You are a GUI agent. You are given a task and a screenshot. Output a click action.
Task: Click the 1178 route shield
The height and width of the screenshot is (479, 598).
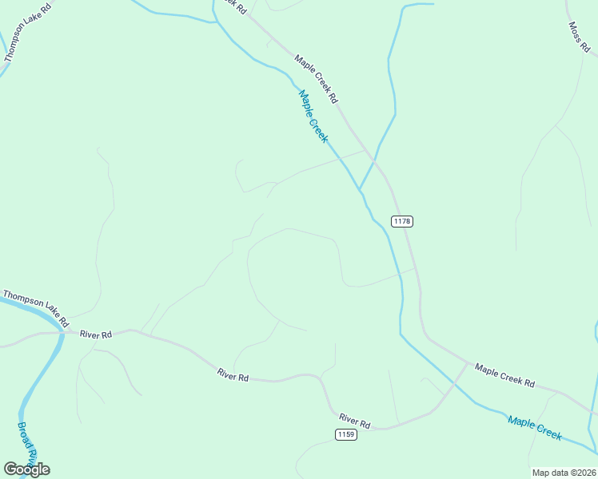point(402,220)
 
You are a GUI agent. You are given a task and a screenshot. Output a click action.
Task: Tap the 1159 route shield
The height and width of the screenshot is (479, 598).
point(345,434)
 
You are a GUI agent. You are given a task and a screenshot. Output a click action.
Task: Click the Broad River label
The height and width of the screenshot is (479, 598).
point(27,441)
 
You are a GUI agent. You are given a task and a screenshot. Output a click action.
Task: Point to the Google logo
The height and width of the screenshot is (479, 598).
point(26,469)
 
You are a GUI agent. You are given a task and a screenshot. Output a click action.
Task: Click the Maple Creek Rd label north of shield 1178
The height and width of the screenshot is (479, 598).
point(316,79)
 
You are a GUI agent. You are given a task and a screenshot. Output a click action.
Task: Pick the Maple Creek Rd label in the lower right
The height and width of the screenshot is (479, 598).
point(504,374)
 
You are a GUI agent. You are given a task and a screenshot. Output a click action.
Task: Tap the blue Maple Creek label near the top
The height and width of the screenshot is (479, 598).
point(313,116)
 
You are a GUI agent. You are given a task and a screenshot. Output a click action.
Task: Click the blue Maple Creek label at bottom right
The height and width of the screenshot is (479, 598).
point(535,427)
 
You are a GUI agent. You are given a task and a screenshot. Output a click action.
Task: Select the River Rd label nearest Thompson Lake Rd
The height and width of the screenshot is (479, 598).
point(95,335)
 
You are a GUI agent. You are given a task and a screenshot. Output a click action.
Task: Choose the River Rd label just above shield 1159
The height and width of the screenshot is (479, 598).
point(354,420)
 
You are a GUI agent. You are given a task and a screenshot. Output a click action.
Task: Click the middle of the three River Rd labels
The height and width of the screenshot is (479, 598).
point(233,374)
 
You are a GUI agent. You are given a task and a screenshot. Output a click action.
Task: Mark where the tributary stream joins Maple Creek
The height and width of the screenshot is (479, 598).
point(360,191)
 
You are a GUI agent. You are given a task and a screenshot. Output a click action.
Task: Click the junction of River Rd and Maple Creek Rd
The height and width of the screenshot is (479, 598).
point(467,363)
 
